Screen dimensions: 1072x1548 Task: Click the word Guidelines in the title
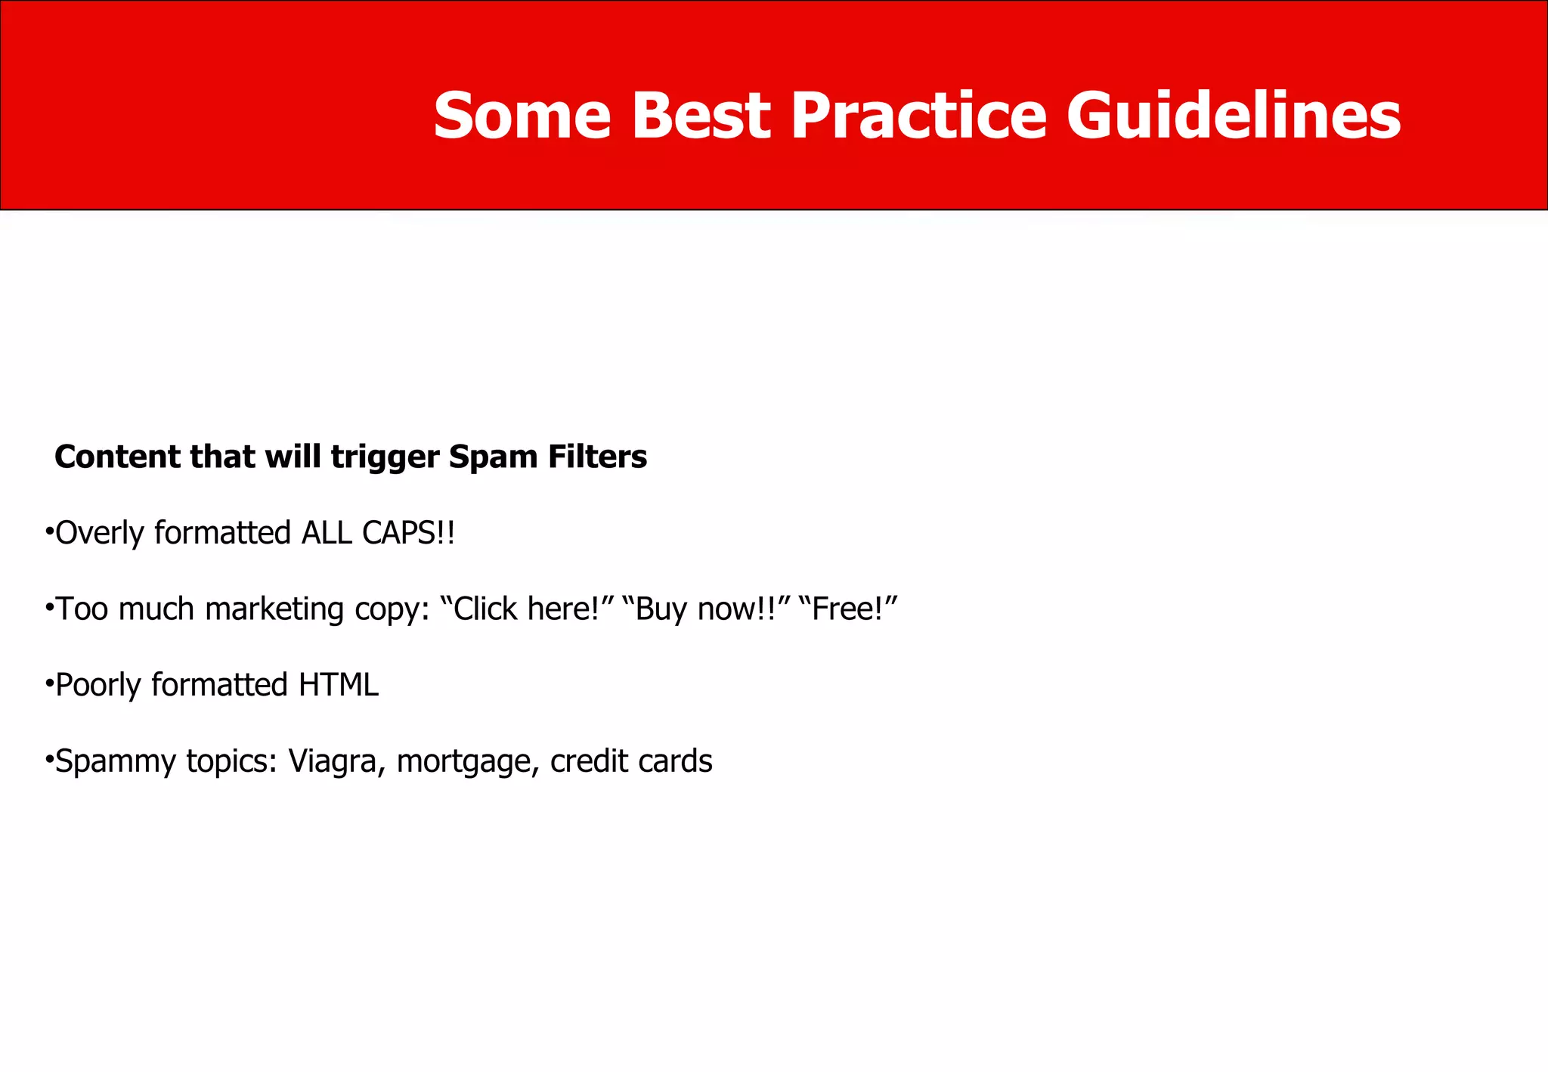pos(1234,116)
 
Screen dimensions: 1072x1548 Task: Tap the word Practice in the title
pos(918,116)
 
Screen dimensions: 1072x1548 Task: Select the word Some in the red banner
pos(522,116)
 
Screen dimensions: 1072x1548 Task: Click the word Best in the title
pos(701,116)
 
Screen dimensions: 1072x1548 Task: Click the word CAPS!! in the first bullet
pos(408,533)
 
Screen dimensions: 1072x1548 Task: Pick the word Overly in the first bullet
pos(100,534)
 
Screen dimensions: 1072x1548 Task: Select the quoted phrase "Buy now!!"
pos(706,609)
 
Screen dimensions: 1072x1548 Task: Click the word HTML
pos(338,685)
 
